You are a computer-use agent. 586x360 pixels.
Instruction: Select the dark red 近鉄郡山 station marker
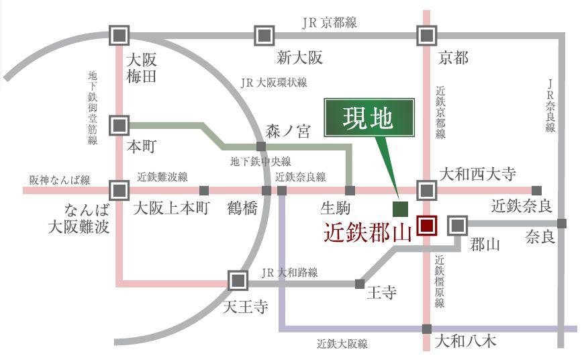(426, 225)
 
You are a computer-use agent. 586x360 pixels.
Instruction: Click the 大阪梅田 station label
(140, 69)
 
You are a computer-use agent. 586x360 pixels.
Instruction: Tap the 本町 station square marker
(119, 125)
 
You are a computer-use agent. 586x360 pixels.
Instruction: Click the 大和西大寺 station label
(477, 175)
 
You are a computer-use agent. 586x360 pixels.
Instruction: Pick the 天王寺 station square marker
(238, 279)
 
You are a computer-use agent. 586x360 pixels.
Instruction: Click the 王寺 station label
(381, 293)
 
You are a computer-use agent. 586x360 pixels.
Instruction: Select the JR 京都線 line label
(329, 22)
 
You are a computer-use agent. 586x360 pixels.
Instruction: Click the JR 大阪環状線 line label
(273, 83)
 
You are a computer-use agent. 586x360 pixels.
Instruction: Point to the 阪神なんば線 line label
(60, 180)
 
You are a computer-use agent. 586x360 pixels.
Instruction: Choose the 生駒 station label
(336, 208)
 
